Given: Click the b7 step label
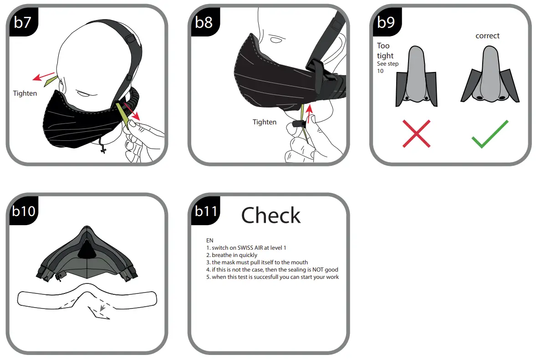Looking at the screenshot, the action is tap(22, 22).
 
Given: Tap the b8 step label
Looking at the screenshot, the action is tap(204, 22).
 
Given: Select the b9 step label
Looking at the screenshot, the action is tap(386, 22).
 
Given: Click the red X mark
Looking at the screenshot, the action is tap(417, 134).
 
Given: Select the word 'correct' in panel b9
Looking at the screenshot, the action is tap(487, 36).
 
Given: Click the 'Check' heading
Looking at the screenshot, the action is tap(271, 215).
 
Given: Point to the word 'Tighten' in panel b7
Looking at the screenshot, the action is tap(25, 93).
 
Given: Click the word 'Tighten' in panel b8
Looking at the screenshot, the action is tap(265, 122).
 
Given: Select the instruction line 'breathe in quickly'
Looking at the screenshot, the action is tap(232, 255).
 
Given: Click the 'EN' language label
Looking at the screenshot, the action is tap(209, 240).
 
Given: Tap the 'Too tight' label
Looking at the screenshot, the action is tap(385, 51).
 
